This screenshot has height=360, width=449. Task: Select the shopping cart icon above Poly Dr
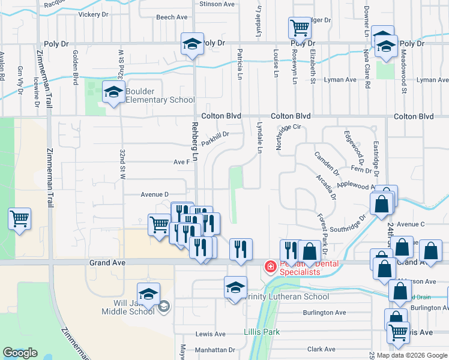click(299, 28)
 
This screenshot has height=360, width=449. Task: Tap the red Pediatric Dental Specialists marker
click(271, 266)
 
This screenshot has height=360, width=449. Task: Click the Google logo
click(20, 353)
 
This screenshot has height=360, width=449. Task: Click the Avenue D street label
click(155, 194)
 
